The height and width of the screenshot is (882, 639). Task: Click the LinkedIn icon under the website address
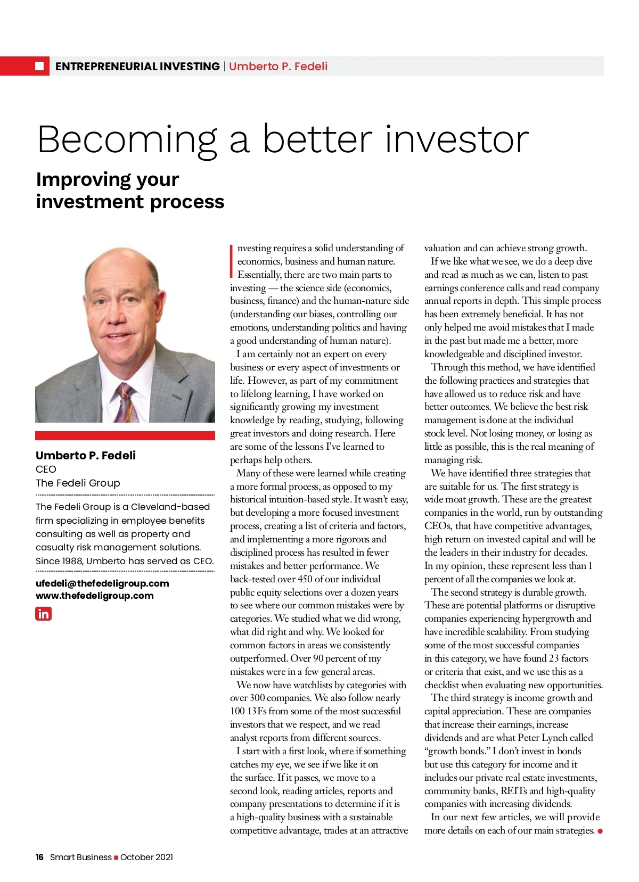click(x=44, y=614)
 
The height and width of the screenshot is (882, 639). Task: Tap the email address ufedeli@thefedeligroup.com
click(x=102, y=583)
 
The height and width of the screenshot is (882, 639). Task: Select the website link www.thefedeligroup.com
click(x=95, y=596)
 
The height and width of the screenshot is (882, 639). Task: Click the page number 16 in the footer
click(x=39, y=857)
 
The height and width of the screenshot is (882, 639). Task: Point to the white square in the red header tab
click(x=39, y=66)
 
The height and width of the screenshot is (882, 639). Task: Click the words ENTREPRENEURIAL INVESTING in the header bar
click(x=137, y=67)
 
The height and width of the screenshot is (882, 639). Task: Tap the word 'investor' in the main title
click(x=456, y=139)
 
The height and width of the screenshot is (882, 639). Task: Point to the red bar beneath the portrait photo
click(x=125, y=435)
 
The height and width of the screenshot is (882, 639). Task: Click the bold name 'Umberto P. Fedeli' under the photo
click(x=86, y=456)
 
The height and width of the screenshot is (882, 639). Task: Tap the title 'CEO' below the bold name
click(x=46, y=469)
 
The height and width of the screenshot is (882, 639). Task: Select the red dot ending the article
click(x=600, y=831)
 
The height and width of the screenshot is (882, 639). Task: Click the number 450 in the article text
click(x=305, y=579)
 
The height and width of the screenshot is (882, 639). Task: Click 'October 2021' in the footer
click(x=146, y=857)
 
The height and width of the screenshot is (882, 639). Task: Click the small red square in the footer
click(x=116, y=858)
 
